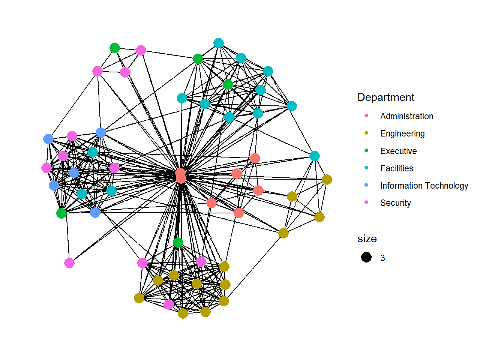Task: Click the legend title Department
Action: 386,97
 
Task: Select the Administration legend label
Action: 406,116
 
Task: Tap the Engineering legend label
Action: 402,133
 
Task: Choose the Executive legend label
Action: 398,151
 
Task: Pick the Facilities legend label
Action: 397,168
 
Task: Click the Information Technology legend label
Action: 424,186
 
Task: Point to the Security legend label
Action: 395,203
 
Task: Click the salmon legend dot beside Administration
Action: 366,116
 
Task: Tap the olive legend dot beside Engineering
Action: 366,133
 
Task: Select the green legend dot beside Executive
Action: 366,151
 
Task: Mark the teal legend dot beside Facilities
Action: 366,168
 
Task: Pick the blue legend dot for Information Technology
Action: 366,185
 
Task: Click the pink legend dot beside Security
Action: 366,202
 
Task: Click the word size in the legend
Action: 367,239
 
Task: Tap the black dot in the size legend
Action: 366,257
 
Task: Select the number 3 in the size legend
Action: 382,258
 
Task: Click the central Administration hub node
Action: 181,175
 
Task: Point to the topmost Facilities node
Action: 219,43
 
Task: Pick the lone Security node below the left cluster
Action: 69,263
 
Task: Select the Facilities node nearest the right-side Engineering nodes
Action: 315,156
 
